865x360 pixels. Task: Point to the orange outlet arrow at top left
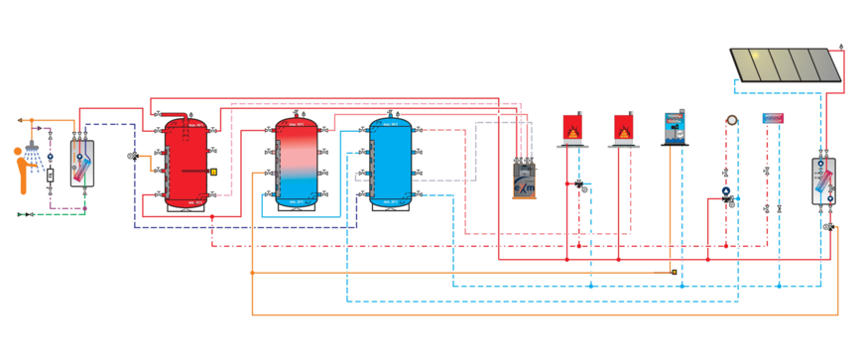point(21,120)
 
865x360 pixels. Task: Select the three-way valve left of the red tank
point(133,157)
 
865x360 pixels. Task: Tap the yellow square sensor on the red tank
point(212,172)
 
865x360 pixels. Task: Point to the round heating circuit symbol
point(731,118)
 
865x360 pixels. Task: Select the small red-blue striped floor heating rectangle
point(773,118)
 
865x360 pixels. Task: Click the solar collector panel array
point(786,64)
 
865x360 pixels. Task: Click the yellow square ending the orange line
point(674,272)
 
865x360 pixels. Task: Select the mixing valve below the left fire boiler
point(579,184)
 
